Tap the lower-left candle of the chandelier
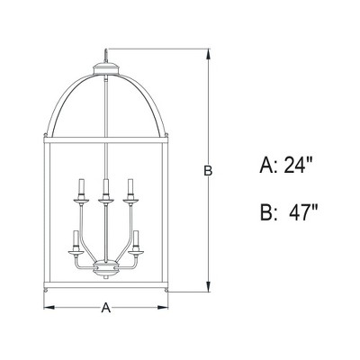click(x=74, y=240)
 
